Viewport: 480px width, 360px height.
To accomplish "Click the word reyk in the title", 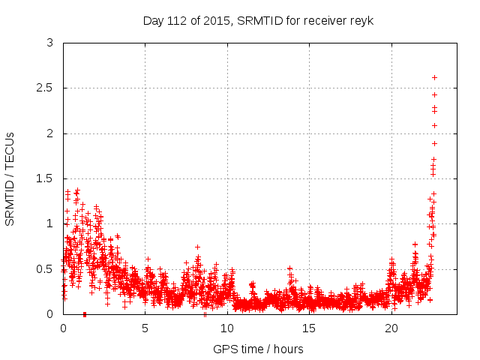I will (x=361, y=20).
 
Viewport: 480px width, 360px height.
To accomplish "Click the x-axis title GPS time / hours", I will (x=259, y=349).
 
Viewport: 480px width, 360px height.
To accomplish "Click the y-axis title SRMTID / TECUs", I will (x=10, y=178).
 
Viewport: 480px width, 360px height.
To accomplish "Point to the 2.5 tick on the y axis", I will (x=46, y=88).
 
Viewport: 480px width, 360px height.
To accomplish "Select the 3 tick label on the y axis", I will (x=50, y=43).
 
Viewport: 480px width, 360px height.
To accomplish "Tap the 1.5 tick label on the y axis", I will (x=46, y=178).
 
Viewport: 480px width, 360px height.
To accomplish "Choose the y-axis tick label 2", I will (x=50, y=133).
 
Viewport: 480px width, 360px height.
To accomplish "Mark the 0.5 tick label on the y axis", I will (x=46, y=269).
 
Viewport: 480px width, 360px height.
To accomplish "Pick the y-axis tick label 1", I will (x=50, y=223).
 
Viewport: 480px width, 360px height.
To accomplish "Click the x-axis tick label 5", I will (x=145, y=328).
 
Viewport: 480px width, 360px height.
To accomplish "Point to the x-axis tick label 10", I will (x=227, y=328).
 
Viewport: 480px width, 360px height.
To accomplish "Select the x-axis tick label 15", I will (x=310, y=328).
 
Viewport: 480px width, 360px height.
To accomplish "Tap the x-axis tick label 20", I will (x=391, y=328).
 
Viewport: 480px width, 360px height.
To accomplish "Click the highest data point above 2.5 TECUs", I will (x=435, y=77).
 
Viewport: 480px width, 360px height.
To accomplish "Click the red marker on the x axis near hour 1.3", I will (x=85, y=313).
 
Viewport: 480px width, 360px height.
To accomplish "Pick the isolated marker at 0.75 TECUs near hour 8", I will (x=197, y=247).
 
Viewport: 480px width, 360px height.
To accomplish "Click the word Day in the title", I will (x=153, y=20).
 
